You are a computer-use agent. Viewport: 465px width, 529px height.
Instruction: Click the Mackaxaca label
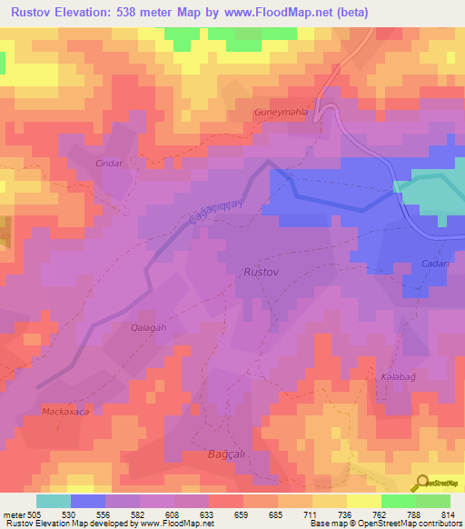pyautogui.click(x=65, y=411)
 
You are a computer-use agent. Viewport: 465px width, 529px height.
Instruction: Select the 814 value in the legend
pyautogui.click(x=449, y=514)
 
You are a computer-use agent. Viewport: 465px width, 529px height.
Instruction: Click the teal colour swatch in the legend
pyautogui.click(x=54, y=501)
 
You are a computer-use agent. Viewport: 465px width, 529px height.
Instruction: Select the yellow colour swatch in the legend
pyautogui.click(x=364, y=501)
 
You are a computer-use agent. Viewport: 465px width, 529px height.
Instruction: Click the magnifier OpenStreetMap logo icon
pyautogui.click(x=422, y=482)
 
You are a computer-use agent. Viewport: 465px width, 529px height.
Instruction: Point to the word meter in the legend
pyautogui.click(x=11, y=514)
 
